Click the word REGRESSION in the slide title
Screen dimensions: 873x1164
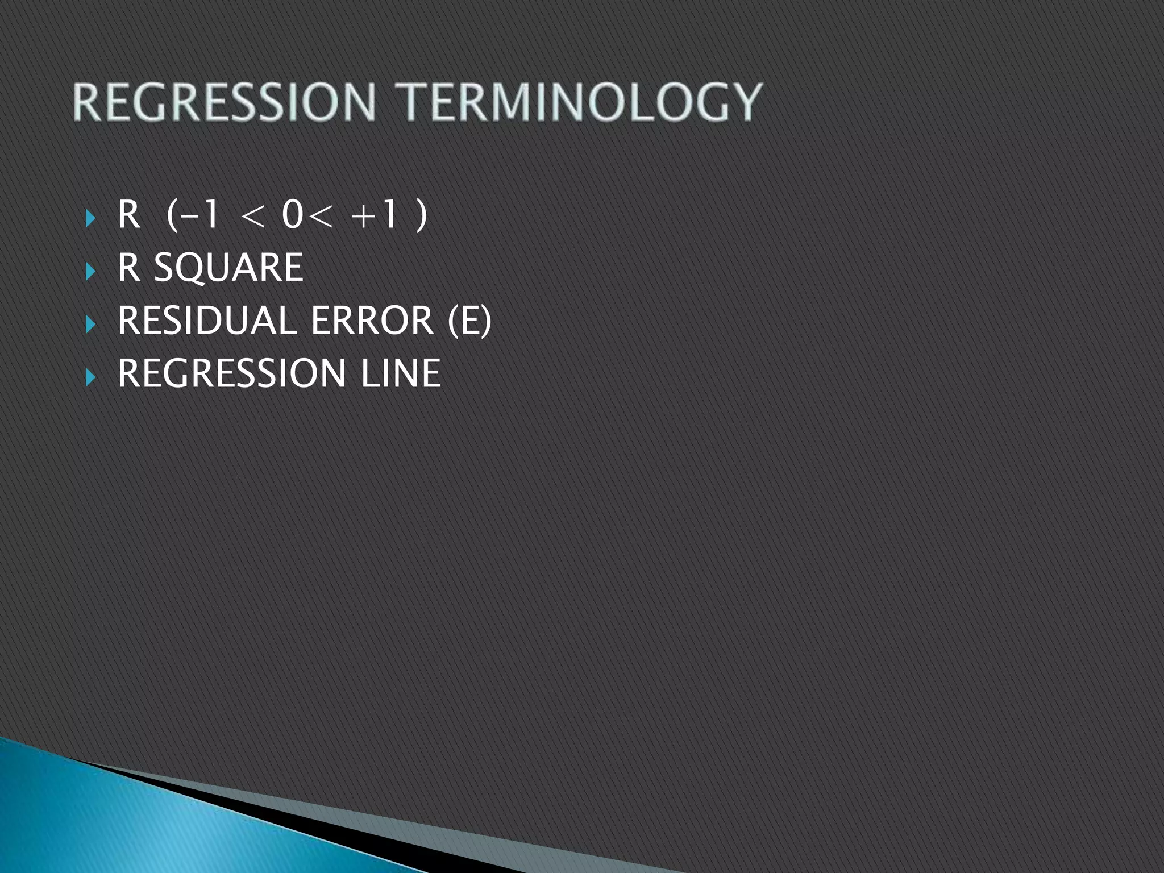(x=224, y=102)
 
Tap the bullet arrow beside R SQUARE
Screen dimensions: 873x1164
(x=90, y=271)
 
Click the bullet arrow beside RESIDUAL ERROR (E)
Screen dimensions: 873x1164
(x=90, y=324)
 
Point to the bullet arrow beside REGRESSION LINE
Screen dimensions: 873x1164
(x=90, y=376)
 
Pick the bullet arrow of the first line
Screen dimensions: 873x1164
(x=90, y=218)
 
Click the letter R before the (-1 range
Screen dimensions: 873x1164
(x=128, y=215)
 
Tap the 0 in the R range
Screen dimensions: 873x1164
(x=293, y=215)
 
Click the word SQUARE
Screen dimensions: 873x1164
(x=228, y=267)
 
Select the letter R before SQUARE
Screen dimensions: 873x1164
(x=128, y=267)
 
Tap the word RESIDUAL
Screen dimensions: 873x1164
(x=207, y=320)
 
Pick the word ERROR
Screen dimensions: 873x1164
(x=372, y=320)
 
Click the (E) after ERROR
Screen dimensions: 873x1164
(x=469, y=320)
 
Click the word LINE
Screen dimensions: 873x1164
(x=401, y=373)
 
